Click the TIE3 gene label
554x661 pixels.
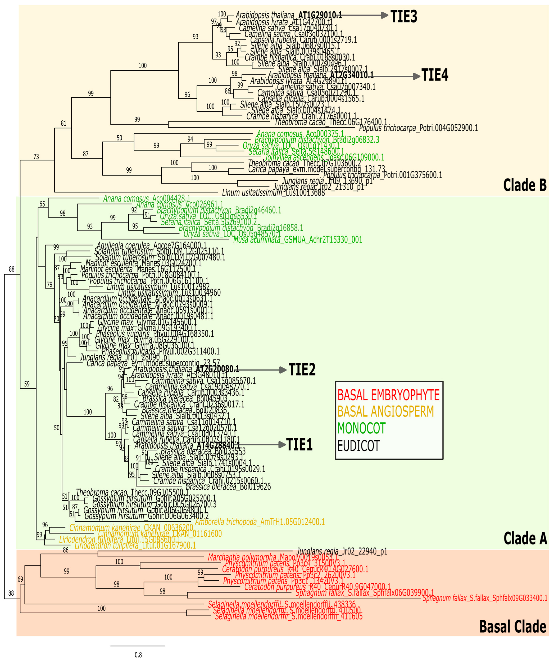click(403, 16)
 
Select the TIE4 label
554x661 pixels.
click(435, 75)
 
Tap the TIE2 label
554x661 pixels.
click(302, 370)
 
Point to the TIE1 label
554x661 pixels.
click(299, 445)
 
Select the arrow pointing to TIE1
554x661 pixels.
click(263, 445)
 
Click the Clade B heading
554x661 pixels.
click(525, 185)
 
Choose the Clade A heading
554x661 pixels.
click(525, 539)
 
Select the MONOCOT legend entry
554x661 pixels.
click(361, 428)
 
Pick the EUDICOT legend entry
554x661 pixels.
click(358, 446)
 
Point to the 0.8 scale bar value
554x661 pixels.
click(138, 655)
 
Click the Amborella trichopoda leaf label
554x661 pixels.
click(260, 522)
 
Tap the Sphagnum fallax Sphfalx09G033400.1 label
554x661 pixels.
click(485, 598)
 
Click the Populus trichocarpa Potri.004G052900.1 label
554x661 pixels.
click(418, 128)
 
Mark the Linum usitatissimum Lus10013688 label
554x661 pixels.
click(273, 193)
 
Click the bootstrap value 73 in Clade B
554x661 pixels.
click(36, 156)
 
